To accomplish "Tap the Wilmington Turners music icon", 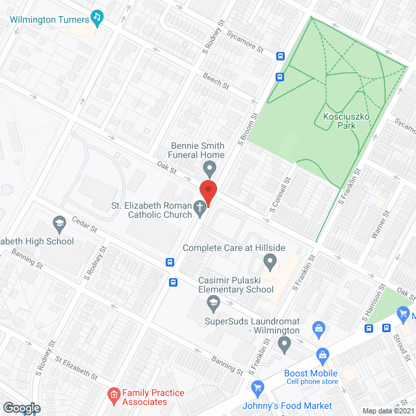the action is (97, 18).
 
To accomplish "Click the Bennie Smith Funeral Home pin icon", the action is (209, 170).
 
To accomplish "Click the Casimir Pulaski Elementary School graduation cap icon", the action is (213, 302).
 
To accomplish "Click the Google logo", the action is (21, 408).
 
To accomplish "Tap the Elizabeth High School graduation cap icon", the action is (60, 225).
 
